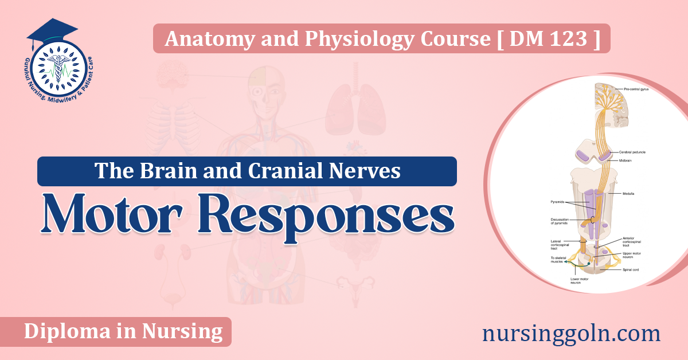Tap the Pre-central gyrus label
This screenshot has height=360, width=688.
[x=636, y=89]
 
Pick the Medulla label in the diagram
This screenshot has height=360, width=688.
[x=628, y=193]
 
